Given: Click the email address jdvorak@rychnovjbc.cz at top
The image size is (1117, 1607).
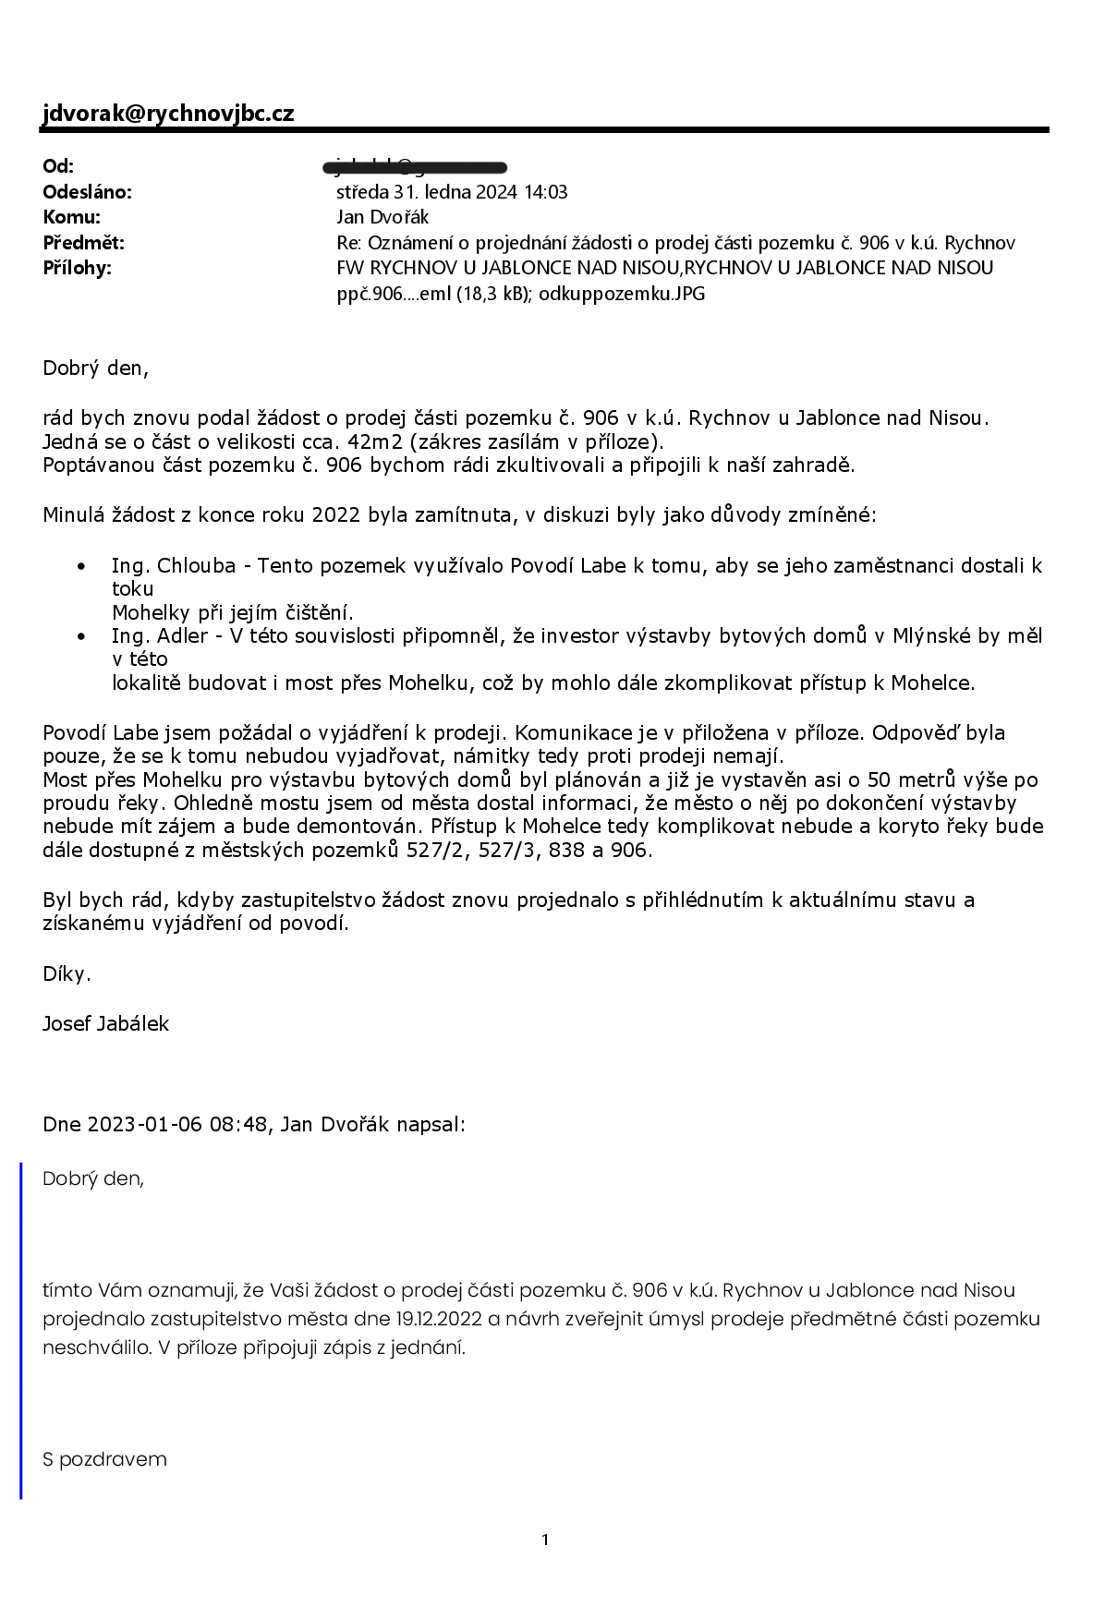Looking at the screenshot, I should point(168,113).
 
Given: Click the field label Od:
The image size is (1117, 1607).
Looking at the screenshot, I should point(58,166).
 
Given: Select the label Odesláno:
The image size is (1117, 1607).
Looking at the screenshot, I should point(88,192).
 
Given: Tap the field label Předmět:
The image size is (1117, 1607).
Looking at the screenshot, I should point(83,243).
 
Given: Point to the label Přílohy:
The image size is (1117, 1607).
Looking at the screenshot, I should point(77,268).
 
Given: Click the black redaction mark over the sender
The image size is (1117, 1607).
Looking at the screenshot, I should point(416,167).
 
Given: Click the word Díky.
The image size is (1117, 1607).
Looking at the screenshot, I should point(67,973).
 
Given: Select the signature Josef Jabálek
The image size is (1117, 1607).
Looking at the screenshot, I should point(105,1023).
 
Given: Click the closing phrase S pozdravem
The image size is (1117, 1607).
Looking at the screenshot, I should point(104,1459).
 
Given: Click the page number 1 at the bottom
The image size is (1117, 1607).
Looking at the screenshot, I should point(545,1540).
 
